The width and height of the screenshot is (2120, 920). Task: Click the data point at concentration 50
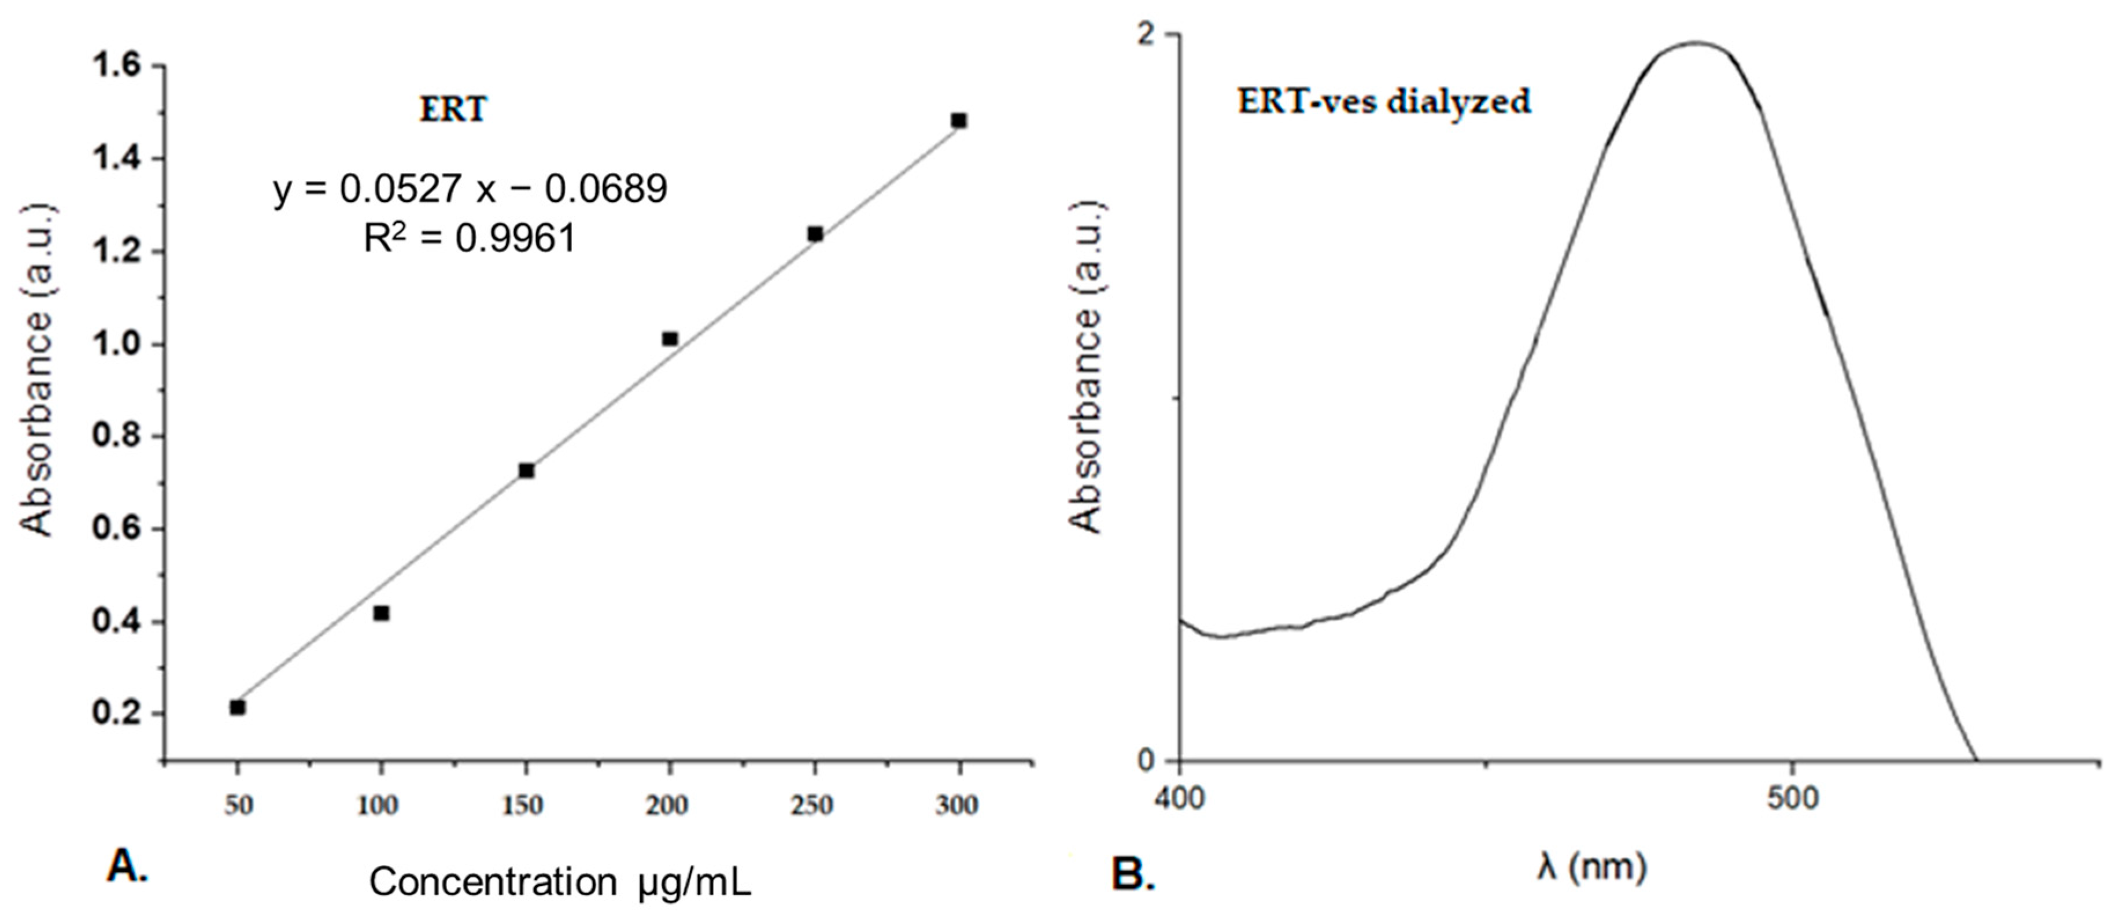point(237,707)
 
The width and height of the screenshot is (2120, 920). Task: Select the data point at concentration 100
point(381,613)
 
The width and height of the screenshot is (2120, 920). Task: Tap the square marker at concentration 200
point(670,339)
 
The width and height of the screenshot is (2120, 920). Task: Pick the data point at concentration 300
point(959,120)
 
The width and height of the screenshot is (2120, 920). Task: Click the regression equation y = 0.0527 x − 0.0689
point(470,189)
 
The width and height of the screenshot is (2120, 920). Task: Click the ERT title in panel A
point(453,109)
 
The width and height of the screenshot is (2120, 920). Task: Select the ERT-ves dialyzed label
point(1384,102)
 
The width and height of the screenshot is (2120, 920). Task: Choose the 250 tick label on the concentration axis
point(812,805)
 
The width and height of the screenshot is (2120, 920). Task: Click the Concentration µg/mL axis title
point(560,882)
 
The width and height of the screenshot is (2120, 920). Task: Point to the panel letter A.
point(128,866)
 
